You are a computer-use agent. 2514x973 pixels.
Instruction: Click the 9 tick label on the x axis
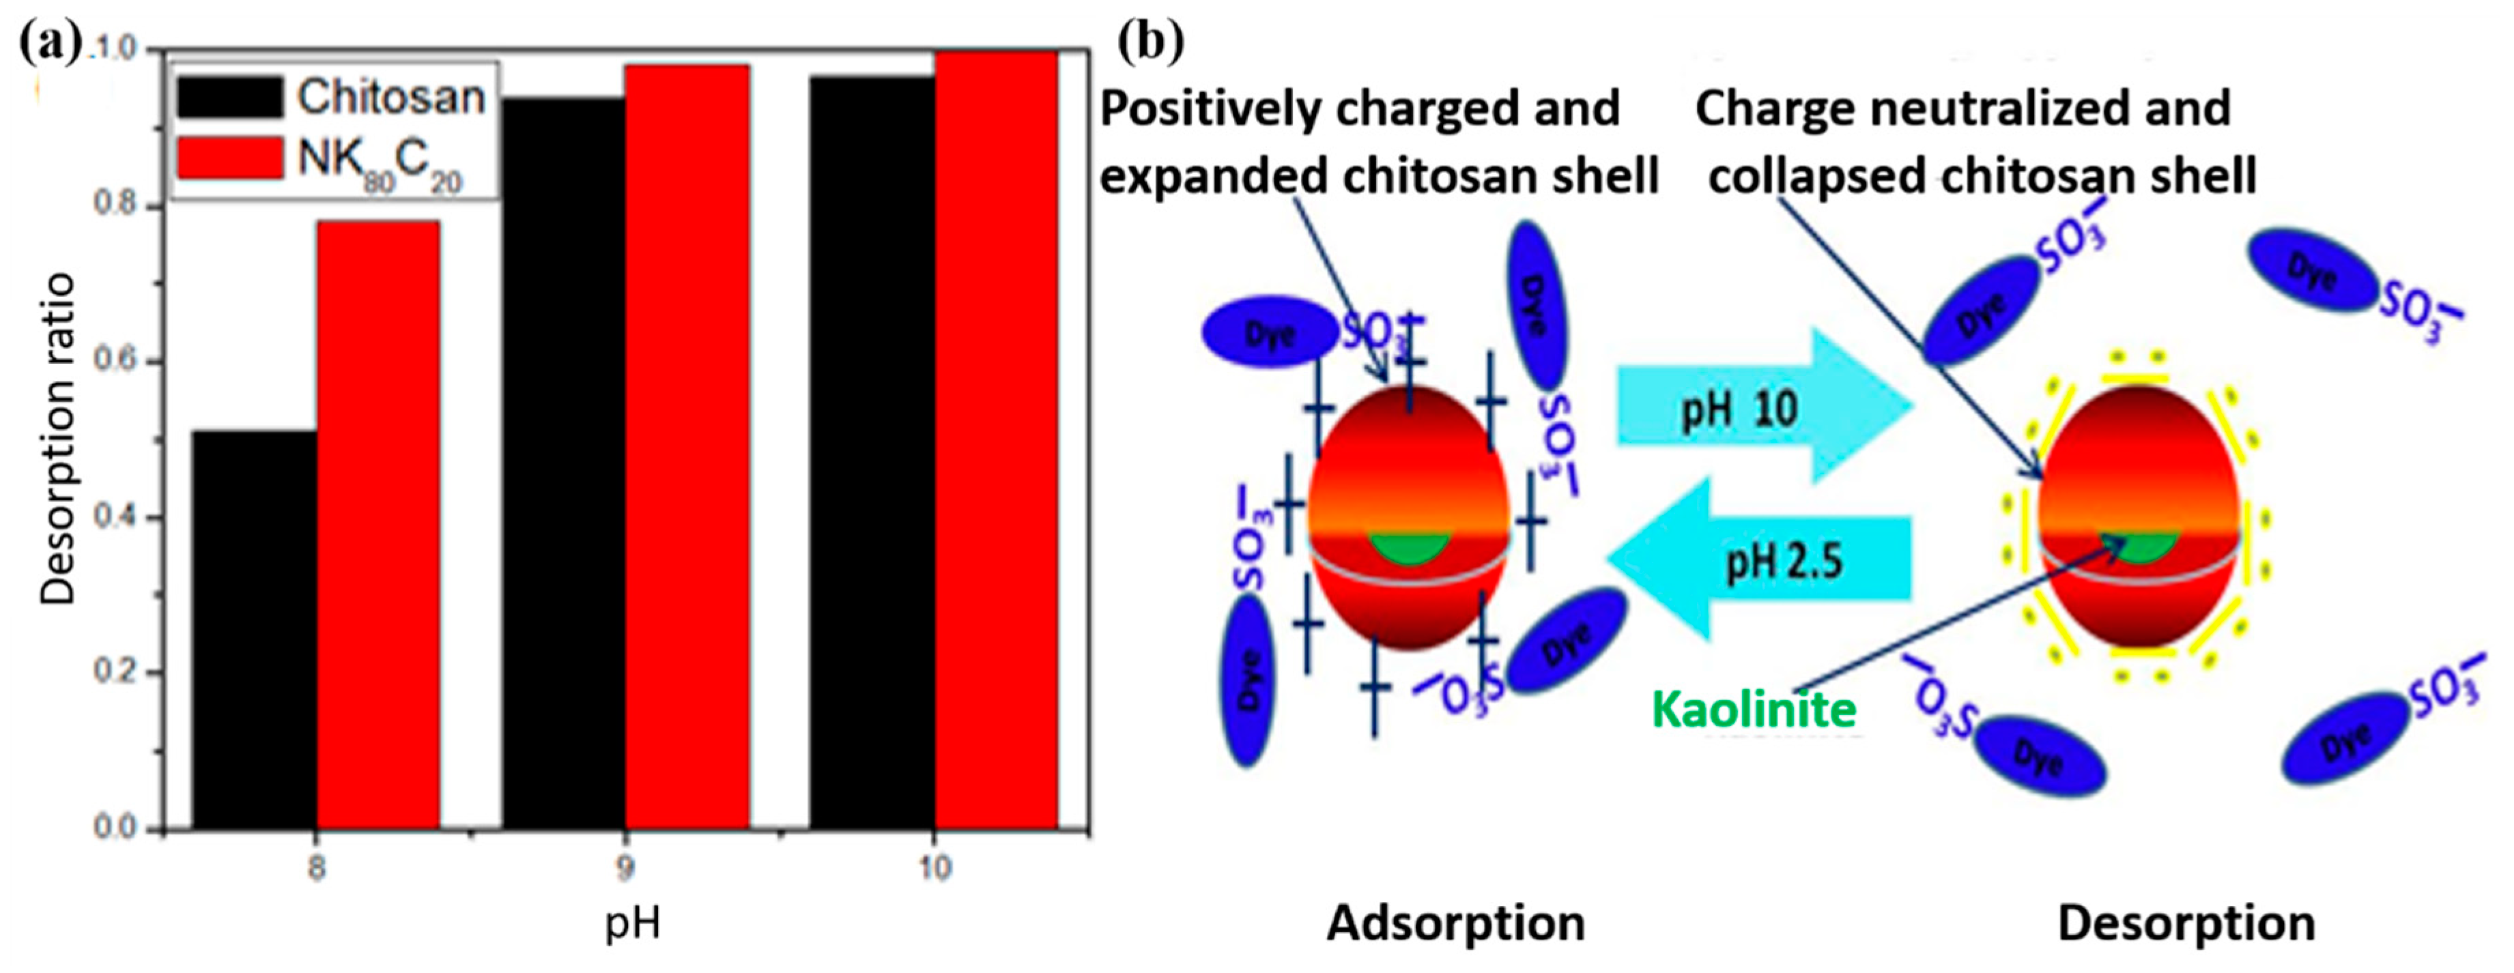pyautogui.click(x=625, y=867)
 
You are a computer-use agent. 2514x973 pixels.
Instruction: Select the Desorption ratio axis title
pyautogui.click(x=57, y=439)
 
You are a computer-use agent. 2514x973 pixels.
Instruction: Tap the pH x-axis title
pyautogui.click(x=632, y=923)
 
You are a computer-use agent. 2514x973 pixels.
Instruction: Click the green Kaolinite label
pyautogui.click(x=1753, y=710)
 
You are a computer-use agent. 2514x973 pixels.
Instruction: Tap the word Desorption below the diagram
pyautogui.click(x=2186, y=923)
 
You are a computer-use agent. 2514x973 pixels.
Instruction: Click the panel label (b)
pyautogui.click(x=1152, y=41)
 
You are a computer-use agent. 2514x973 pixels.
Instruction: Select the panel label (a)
pyautogui.click(x=48, y=43)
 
